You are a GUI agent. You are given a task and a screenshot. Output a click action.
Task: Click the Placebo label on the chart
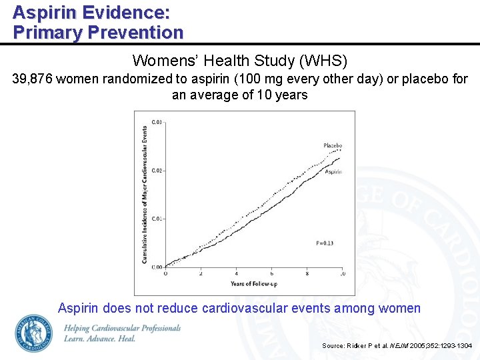click(x=333, y=145)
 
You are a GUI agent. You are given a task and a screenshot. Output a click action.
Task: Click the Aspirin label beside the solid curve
click(x=333, y=172)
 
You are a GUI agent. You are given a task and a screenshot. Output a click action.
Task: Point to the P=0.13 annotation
click(x=324, y=243)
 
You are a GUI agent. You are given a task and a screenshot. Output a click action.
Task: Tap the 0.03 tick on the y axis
click(x=157, y=122)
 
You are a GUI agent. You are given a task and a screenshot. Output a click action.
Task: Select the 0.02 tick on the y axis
click(x=157, y=171)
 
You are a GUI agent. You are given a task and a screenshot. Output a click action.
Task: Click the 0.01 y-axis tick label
click(x=157, y=219)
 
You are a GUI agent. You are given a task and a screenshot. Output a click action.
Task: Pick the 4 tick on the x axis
click(x=236, y=273)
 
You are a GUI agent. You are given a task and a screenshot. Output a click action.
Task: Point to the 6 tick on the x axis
click(x=271, y=273)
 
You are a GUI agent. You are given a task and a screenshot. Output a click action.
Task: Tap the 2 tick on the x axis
click(x=201, y=273)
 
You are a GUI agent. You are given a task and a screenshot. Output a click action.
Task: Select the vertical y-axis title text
click(x=145, y=193)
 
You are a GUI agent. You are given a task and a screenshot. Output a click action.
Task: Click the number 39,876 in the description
click(x=33, y=79)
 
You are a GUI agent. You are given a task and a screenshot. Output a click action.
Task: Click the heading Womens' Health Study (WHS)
click(x=240, y=61)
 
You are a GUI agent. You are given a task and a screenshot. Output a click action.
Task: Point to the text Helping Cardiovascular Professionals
click(x=123, y=328)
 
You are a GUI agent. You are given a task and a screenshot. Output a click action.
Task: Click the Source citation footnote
click(x=397, y=345)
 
